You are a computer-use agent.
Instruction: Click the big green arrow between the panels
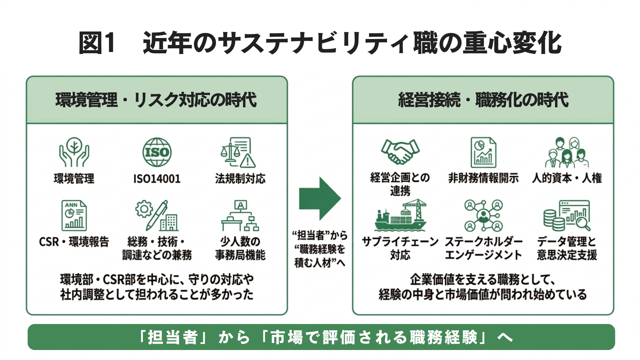tap(319, 199)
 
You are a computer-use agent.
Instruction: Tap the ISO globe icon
tap(157, 152)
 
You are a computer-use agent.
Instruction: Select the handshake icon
tap(400, 152)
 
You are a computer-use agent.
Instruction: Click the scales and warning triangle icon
tap(238, 152)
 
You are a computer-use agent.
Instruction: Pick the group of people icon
tap(567, 152)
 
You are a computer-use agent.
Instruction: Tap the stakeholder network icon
tap(483, 216)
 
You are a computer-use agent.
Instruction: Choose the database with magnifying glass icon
tap(567, 216)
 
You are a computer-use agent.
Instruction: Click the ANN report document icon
tap(74, 216)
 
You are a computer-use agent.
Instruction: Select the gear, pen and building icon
tap(157, 216)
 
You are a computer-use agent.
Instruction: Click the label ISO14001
tap(157, 179)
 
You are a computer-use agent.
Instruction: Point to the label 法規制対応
tap(240, 179)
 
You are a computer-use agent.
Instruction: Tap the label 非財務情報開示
tap(483, 178)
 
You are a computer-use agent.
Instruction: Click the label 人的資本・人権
tap(567, 178)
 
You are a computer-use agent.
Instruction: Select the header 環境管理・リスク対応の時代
tap(156, 100)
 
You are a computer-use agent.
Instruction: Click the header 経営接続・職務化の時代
tap(483, 100)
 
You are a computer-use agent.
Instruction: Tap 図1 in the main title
tap(97, 43)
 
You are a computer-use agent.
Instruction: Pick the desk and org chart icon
tap(240, 216)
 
